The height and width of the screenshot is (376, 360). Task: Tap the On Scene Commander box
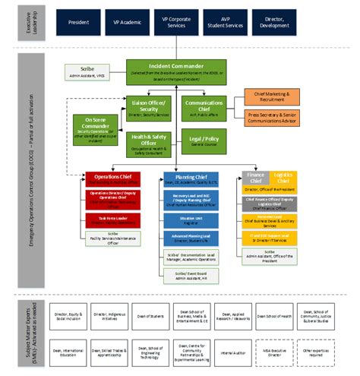tap(100, 126)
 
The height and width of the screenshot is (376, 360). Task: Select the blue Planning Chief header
tap(190, 179)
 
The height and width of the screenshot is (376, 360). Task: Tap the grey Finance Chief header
tap(254, 179)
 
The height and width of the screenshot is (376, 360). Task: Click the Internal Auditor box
tap(232, 352)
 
